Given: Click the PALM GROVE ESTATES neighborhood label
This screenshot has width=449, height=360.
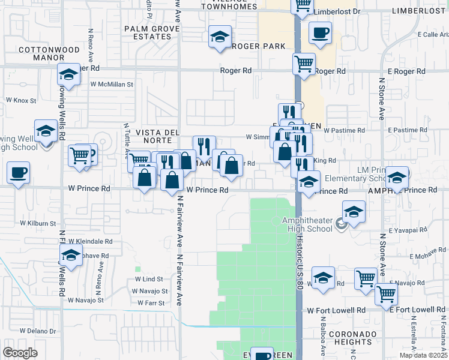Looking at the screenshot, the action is [x=148, y=32].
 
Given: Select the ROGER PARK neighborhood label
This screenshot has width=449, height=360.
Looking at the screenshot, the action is [x=258, y=46].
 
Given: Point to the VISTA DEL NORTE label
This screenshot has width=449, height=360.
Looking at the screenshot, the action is [x=157, y=136].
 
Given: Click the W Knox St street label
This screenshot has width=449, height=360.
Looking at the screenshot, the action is [x=21, y=100].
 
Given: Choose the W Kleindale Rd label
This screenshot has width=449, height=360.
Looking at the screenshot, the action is [x=90, y=241].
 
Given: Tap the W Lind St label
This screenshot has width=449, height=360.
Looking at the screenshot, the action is [x=149, y=279].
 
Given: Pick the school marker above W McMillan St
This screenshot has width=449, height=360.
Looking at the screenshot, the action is [x=69, y=75].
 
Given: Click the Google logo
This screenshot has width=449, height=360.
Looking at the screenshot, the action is [x=20, y=353].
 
